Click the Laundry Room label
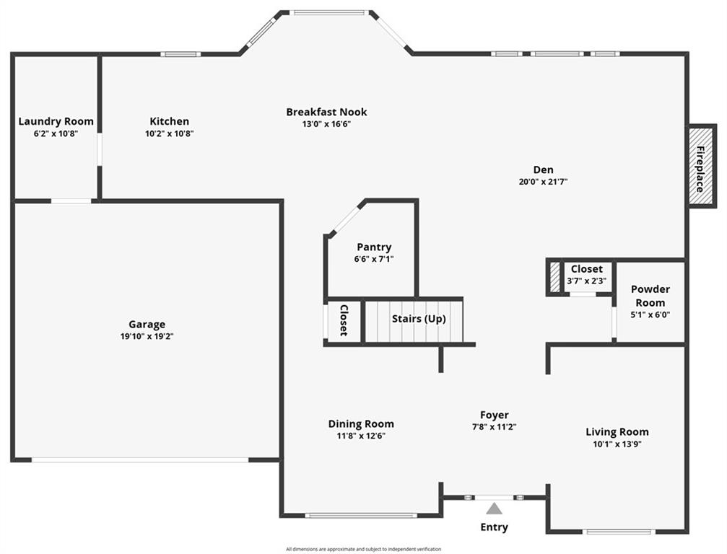(56, 121)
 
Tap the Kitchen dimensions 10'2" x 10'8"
(170, 133)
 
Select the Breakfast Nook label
(326, 112)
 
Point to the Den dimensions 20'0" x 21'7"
(544, 182)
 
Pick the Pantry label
(374, 247)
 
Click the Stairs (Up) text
(419, 318)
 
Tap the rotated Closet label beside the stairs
(344, 320)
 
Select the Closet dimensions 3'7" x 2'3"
(586, 281)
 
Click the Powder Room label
(650, 296)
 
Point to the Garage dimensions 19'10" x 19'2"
(147, 336)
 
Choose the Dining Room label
(361, 424)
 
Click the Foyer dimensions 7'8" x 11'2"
(494, 426)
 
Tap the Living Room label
(617, 432)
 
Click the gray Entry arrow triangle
(494, 509)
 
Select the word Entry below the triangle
(494, 527)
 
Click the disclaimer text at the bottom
(363, 549)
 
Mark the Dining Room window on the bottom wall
(360, 515)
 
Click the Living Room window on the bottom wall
(619, 532)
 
